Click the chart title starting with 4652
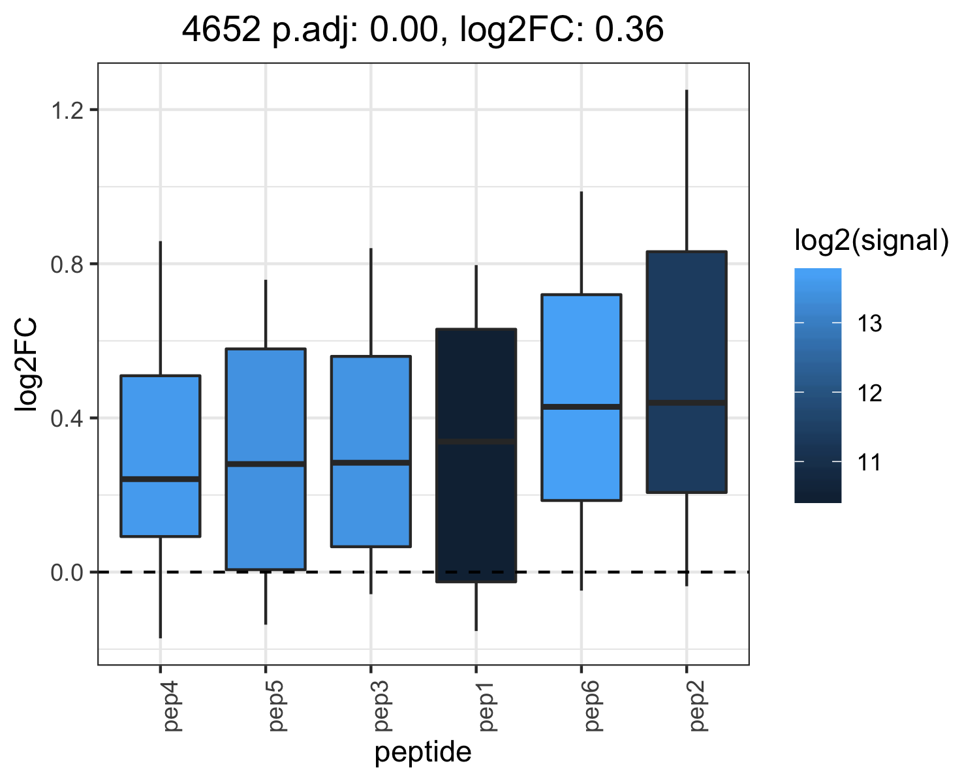coord(423,30)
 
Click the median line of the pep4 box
coord(161,479)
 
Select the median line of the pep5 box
coord(266,464)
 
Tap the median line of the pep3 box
coord(371,463)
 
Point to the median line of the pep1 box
coord(476,442)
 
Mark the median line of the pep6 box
coord(582,407)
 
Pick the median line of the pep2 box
coord(687,403)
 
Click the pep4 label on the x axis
coord(172,706)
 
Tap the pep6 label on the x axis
coord(593,706)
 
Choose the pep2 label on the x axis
coord(698,706)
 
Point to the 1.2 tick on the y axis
coord(68,110)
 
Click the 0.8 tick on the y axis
coord(67,264)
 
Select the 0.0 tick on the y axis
coord(67,573)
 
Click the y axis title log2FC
coord(25,365)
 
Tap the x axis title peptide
coord(423,753)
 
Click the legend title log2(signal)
coord(871,241)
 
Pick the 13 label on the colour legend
coord(869,324)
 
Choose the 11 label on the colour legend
coord(869,462)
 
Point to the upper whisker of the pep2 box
coord(687,170)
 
